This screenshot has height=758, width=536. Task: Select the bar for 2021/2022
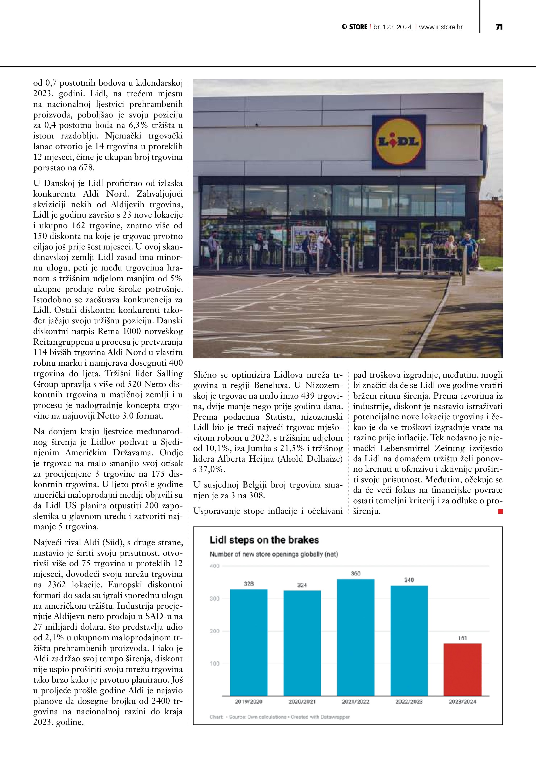356,637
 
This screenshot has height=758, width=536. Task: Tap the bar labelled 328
248,642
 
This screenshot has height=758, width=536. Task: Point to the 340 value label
409,580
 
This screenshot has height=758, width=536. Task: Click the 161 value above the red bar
462,638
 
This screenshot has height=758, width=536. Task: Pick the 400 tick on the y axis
214,566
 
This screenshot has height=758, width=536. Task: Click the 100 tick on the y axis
214,664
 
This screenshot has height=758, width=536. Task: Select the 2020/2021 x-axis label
302,701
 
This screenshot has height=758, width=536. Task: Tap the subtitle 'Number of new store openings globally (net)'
274,554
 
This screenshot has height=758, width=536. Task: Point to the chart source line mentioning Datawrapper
280,717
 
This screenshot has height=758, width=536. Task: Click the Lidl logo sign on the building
399,142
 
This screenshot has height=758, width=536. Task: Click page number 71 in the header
499,27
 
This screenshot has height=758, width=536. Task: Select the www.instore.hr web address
441,27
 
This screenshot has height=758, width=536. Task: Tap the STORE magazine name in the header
358,27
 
